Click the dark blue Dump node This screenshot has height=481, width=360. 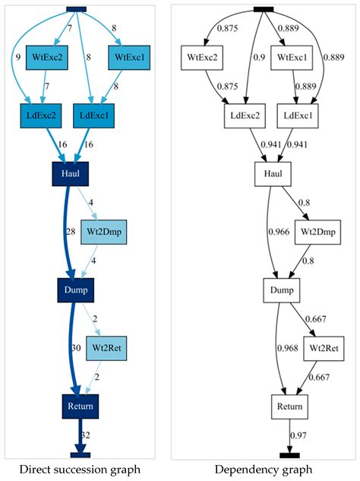(x=76, y=290)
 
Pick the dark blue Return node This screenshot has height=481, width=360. (x=80, y=406)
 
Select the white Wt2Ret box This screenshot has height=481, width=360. (x=323, y=349)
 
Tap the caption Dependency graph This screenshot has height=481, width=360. (x=263, y=470)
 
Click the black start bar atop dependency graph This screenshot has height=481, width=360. (x=263, y=8)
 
